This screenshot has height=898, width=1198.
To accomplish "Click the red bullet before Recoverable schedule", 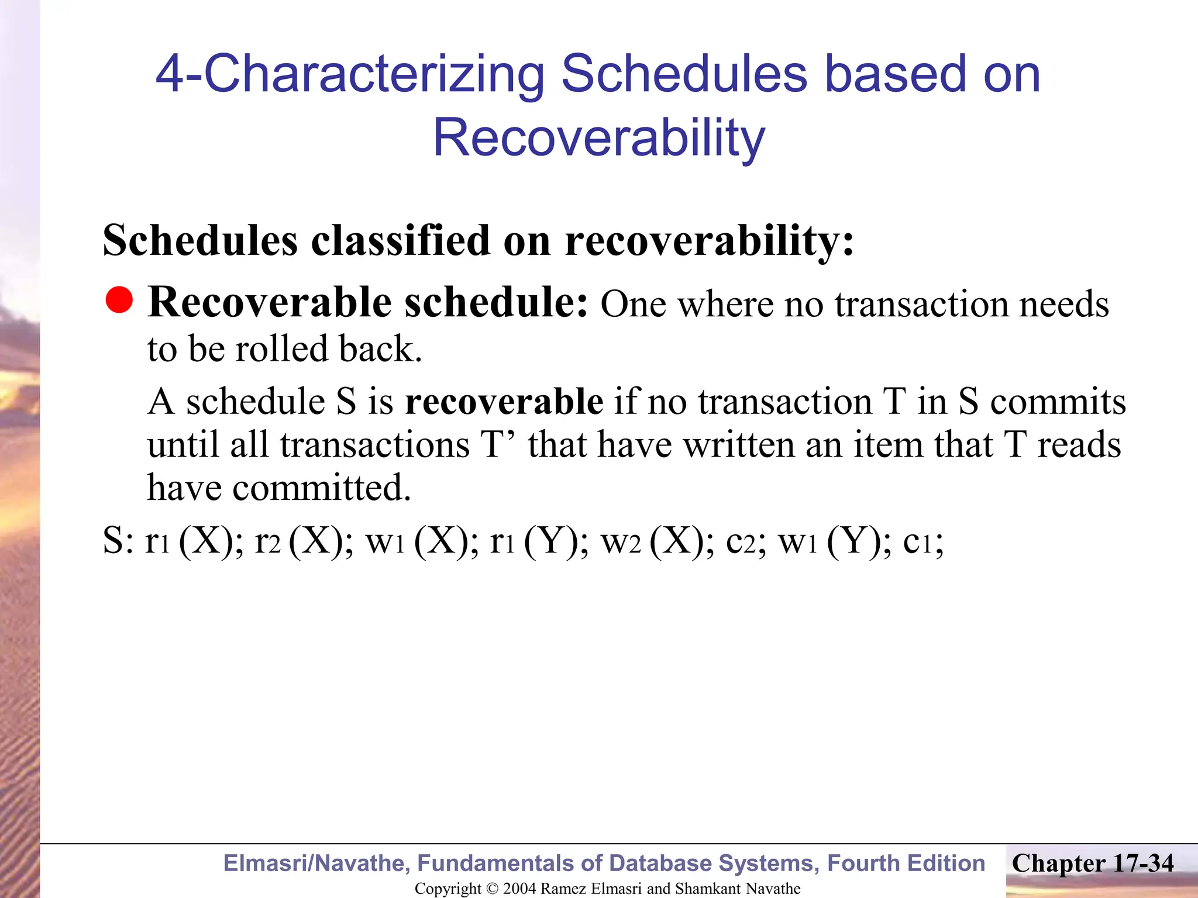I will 119,300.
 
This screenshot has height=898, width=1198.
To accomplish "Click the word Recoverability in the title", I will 598,138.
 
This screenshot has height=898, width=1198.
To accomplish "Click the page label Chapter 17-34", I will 1092,863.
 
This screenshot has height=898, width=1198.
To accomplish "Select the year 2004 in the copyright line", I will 519,889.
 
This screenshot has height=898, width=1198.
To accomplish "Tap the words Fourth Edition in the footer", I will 906,863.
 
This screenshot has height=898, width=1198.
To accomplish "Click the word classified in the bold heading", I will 400,240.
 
